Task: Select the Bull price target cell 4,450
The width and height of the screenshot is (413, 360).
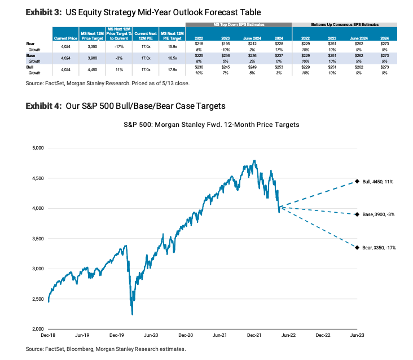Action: (x=89, y=69)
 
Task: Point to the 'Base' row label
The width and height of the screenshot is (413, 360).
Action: (x=32, y=55)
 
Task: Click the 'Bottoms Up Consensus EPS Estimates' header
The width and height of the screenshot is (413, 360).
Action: (x=344, y=25)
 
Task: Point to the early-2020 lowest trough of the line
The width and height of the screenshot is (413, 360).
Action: (x=132, y=314)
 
